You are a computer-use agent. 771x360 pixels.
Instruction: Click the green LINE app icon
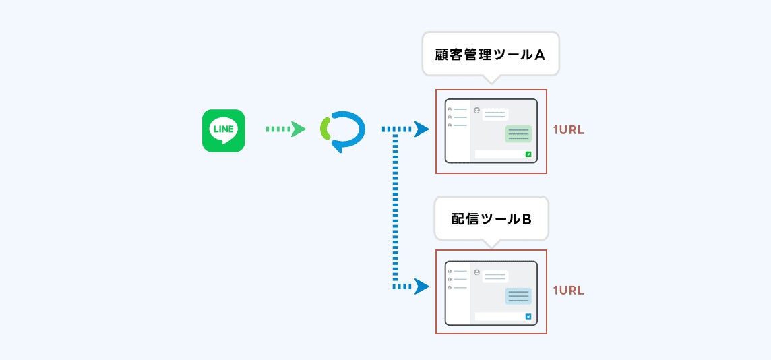point(223,130)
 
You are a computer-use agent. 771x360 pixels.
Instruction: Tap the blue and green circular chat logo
point(342,130)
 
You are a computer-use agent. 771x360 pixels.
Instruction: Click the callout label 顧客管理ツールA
point(491,55)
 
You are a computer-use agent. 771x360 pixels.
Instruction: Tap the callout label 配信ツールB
point(491,218)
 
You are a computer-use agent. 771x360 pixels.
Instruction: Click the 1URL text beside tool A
point(568,129)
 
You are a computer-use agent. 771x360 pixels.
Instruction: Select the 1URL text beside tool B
point(568,291)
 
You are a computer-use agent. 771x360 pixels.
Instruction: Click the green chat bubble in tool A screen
point(518,133)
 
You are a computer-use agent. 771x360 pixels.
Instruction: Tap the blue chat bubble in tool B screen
point(518,295)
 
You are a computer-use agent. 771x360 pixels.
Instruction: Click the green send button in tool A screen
point(528,154)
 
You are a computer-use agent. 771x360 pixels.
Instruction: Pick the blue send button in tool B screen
point(528,316)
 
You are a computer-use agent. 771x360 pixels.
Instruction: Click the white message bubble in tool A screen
point(495,115)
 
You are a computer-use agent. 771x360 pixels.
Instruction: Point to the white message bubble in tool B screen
point(495,276)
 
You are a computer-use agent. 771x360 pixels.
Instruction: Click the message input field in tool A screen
point(499,154)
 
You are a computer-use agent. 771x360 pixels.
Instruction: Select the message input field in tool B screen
point(499,316)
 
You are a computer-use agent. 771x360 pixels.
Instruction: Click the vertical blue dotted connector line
point(395,209)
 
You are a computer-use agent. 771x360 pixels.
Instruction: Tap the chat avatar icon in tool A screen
point(476,110)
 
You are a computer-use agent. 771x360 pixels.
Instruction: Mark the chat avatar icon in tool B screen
point(476,272)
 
